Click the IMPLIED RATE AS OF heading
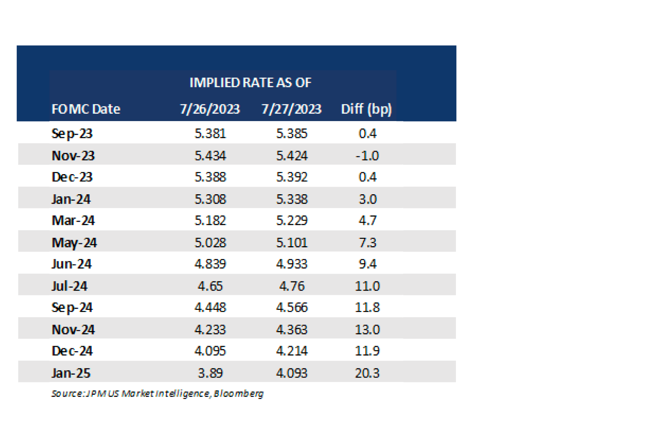click(250, 83)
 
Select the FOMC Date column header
click(86, 109)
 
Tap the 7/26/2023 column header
click(210, 109)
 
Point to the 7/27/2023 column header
click(291, 109)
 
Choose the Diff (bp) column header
click(366, 109)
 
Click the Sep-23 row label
click(72, 134)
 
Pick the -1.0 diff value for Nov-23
click(367, 156)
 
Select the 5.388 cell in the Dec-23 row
click(210, 177)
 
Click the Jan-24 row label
click(71, 199)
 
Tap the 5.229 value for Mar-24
click(292, 221)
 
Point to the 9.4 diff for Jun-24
click(367, 264)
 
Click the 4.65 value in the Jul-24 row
click(210, 286)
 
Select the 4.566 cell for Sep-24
click(292, 308)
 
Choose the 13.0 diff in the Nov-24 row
click(367, 330)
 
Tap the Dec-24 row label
click(72, 351)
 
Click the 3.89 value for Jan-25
click(210, 373)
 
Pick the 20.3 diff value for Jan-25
click(367, 373)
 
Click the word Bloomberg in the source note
click(239, 394)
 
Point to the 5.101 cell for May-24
click(292, 243)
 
